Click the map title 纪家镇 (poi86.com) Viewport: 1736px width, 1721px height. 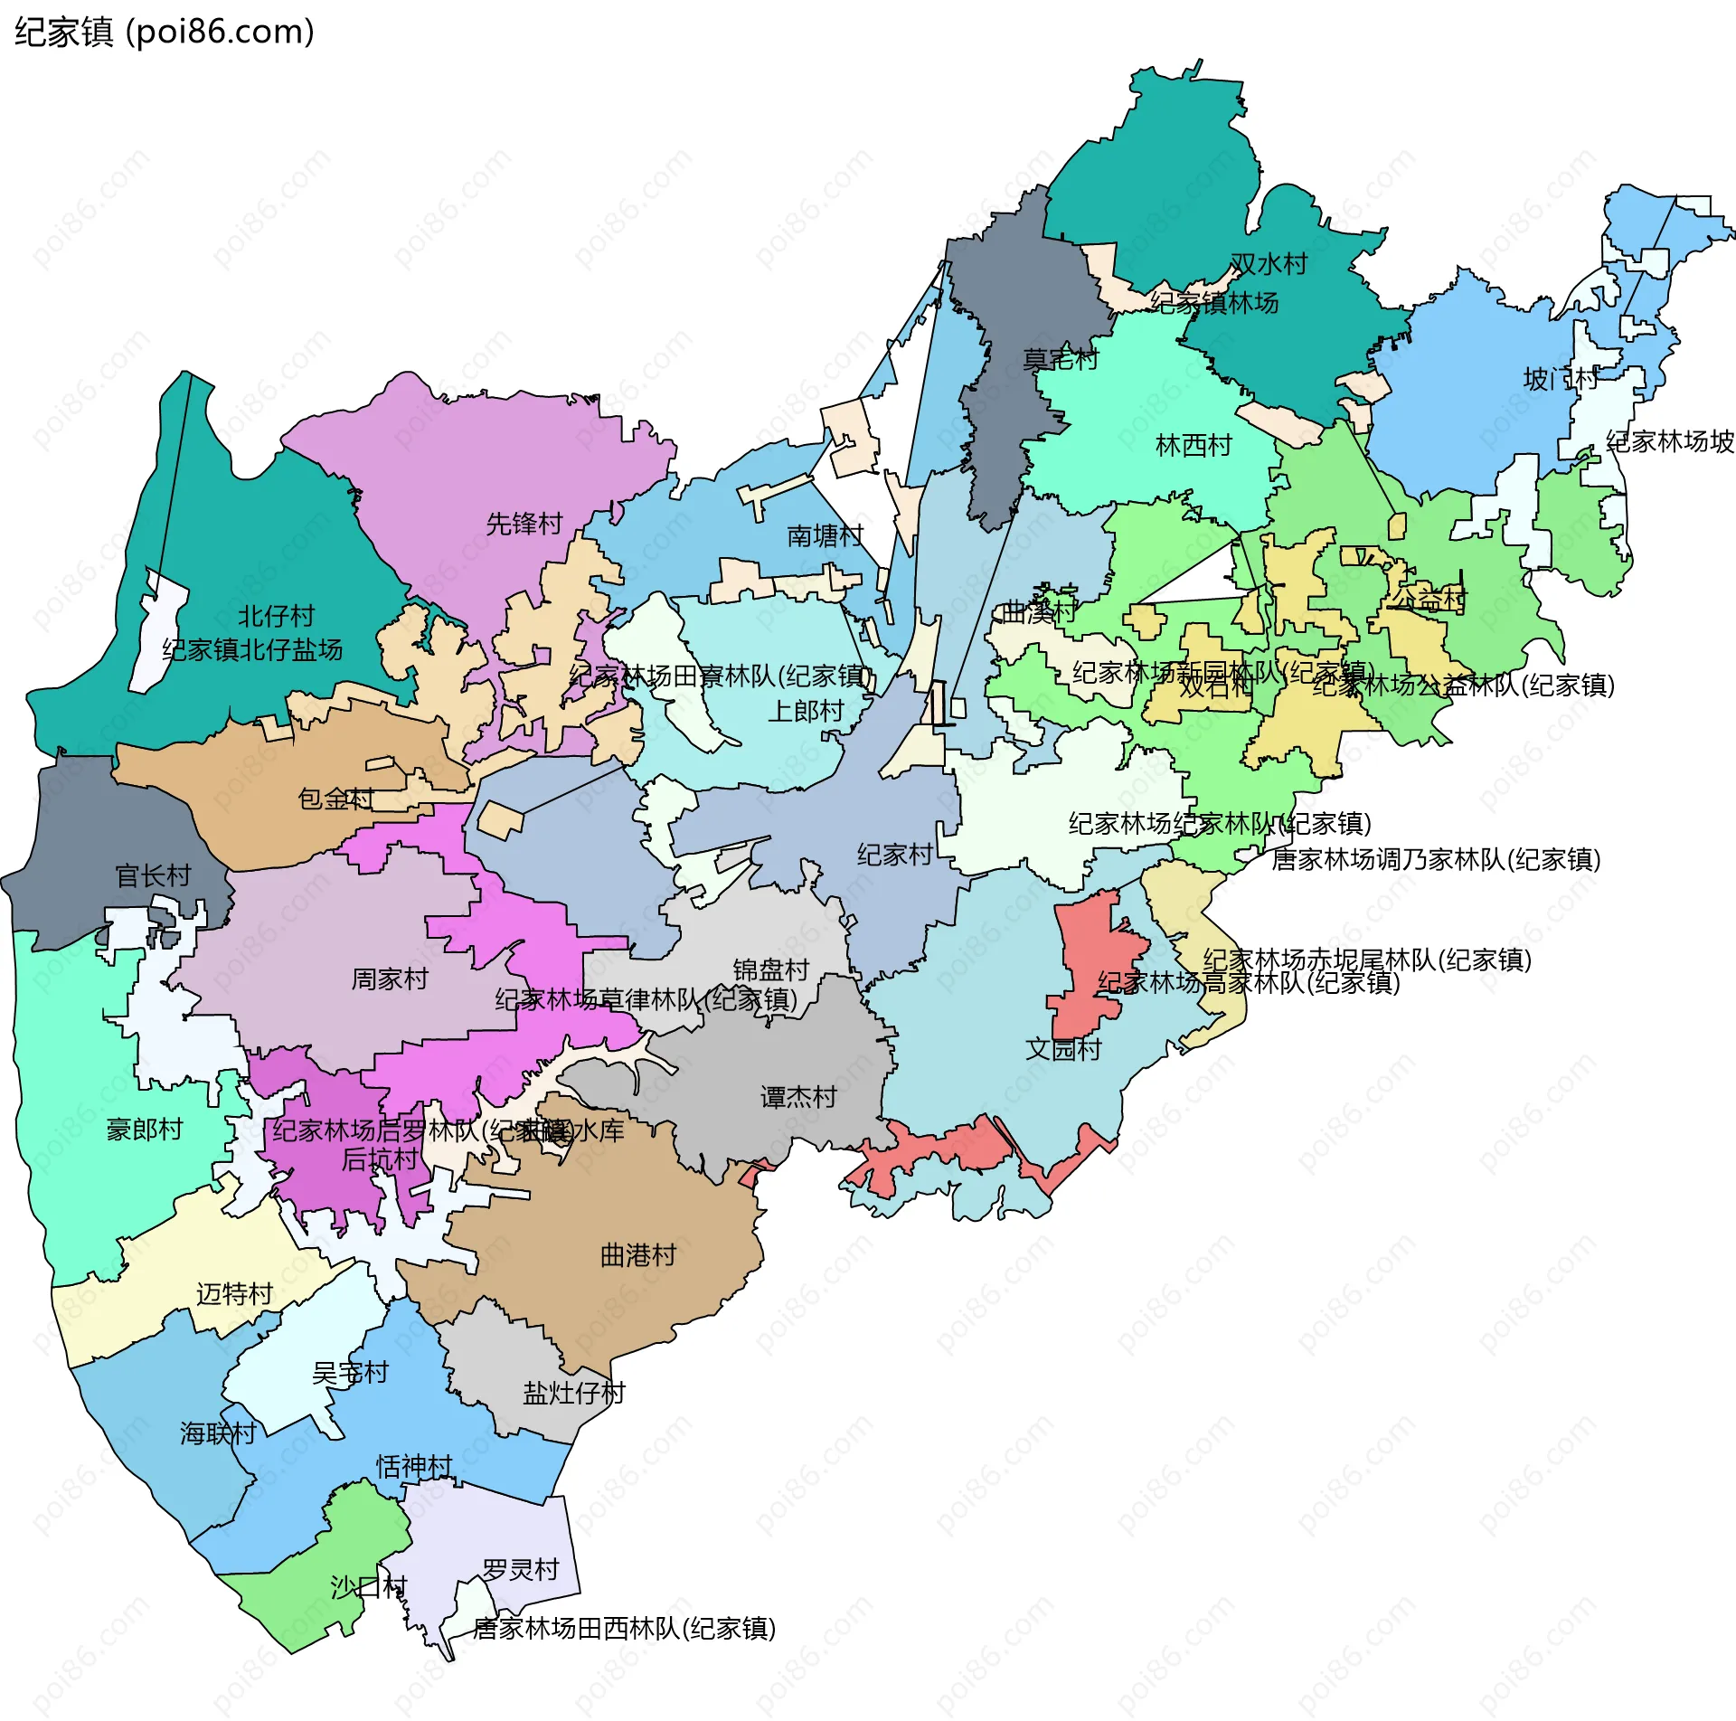click(165, 32)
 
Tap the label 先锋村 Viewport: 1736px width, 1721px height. click(524, 524)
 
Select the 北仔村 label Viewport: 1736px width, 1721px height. click(276, 616)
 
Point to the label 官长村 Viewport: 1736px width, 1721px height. click(153, 875)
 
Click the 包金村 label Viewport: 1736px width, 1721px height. click(335, 799)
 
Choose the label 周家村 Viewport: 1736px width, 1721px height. click(389, 979)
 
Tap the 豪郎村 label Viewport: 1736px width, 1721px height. click(145, 1129)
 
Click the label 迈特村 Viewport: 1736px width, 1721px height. click(234, 1294)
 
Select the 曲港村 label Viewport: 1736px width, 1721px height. click(638, 1255)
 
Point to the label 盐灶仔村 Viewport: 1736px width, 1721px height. click(573, 1393)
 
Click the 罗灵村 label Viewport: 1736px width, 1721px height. click(521, 1569)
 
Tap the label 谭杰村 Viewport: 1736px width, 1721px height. click(798, 1097)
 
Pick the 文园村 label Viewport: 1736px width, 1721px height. click(1063, 1049)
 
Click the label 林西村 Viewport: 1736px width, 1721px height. click(1193, 445)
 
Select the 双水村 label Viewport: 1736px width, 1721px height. click(1269, 263)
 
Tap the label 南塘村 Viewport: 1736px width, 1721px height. click(825, 535)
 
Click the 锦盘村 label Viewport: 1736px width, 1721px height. click(770, 969)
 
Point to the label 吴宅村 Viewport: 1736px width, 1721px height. click(350, 1373)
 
